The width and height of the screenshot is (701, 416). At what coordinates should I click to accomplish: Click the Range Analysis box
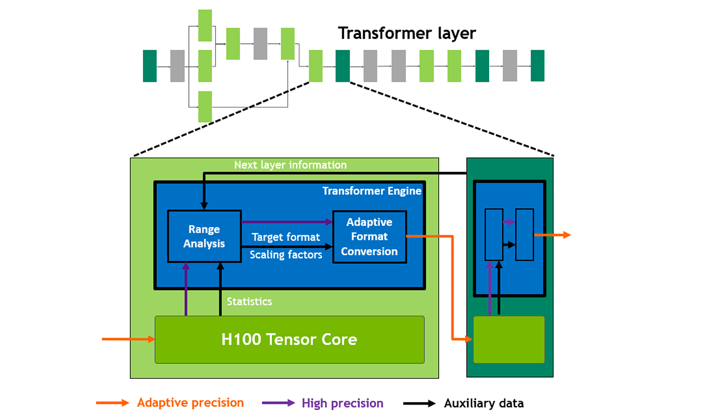coord(204,236)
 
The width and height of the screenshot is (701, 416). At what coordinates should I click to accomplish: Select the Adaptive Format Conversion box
coord(370,236)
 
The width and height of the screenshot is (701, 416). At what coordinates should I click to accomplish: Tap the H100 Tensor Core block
coord(289,339)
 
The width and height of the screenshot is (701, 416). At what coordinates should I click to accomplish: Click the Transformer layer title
coord(407,33)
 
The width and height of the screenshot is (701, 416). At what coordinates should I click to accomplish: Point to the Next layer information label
coord(290,165)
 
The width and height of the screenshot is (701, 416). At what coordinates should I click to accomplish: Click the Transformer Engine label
coord(372,191)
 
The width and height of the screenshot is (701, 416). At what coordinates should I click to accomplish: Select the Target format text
coord(286,237)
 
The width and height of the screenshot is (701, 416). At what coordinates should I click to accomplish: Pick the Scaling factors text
coord(286,255)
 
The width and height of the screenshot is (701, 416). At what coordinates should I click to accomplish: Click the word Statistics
coord(249,302)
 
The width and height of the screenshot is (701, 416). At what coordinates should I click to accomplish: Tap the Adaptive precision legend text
coord(190,403)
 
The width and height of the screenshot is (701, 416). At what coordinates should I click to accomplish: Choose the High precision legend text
coord(342,403)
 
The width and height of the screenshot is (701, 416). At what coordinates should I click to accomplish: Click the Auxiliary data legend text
coord(484,403)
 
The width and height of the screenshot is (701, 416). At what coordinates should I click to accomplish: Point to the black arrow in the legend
coord(420,403)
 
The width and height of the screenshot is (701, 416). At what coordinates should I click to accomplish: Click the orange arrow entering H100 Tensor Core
coord(129,339)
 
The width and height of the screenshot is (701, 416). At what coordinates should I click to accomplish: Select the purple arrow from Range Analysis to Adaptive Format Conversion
coord(287,222)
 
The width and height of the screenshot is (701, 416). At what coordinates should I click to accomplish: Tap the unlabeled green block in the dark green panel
coord(509,339)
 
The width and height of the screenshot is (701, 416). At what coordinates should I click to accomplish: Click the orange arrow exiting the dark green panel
coord(553,235)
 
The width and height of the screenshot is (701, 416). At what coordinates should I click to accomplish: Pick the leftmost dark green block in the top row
coord(150,66)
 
